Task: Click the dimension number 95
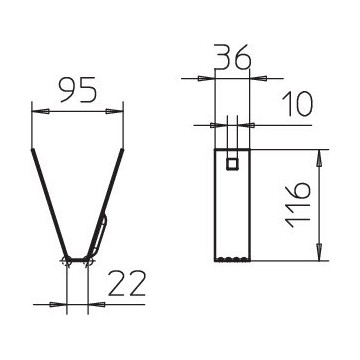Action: tap(77, 91)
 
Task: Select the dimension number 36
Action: tap(232, 58)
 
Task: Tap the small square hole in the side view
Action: tap(232, 163)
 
